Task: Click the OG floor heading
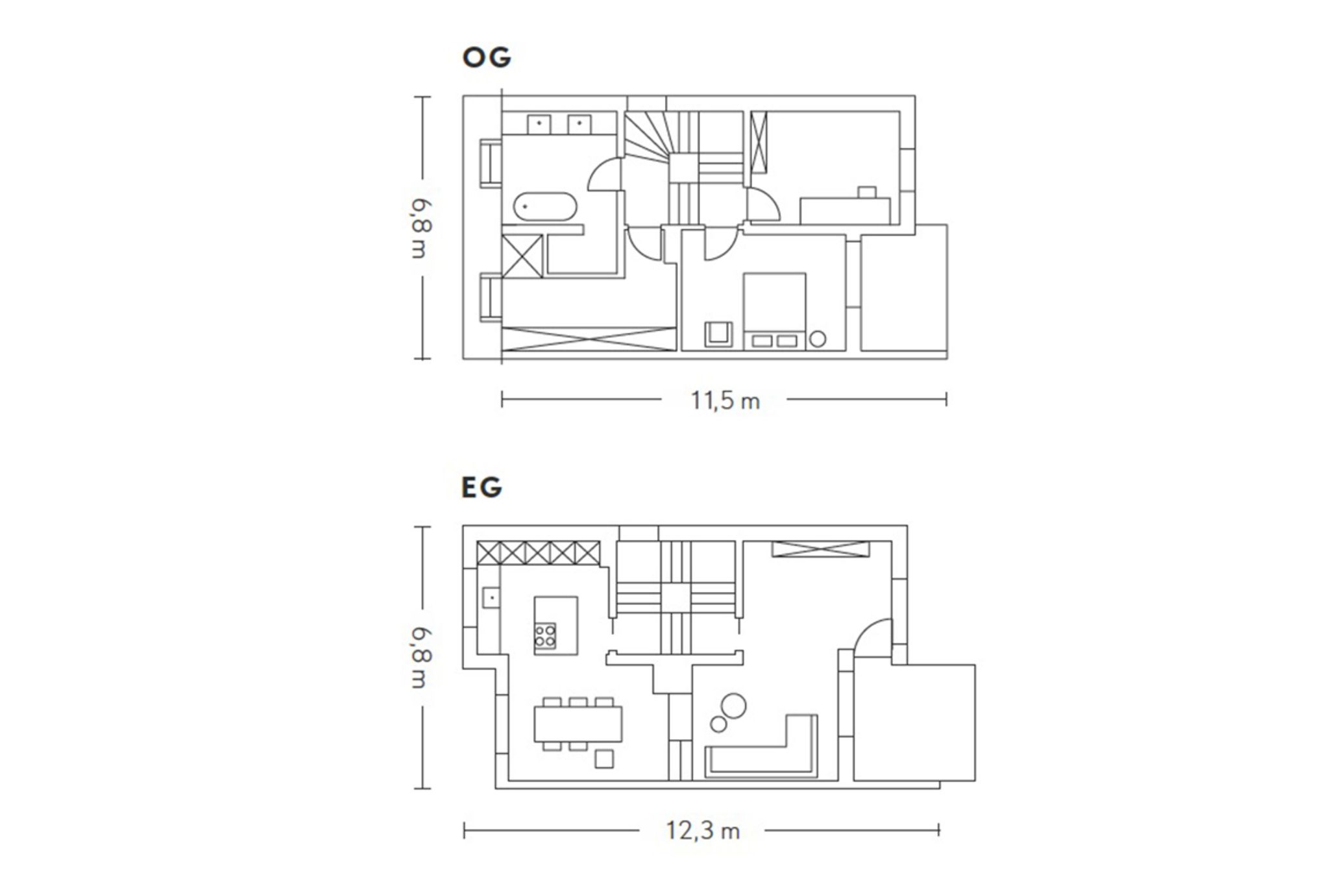click(x=487, y=57)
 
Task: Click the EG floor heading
click(x=482, y=487)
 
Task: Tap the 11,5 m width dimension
click(x=725, y=401)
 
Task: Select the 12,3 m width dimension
click(x=703, y=831)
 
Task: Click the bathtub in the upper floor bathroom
click(x=544, y=207)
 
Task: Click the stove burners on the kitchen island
click(x=545, y=635)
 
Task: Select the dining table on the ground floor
click(x=578, y=724)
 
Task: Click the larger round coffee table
click(x=734, y=706)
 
